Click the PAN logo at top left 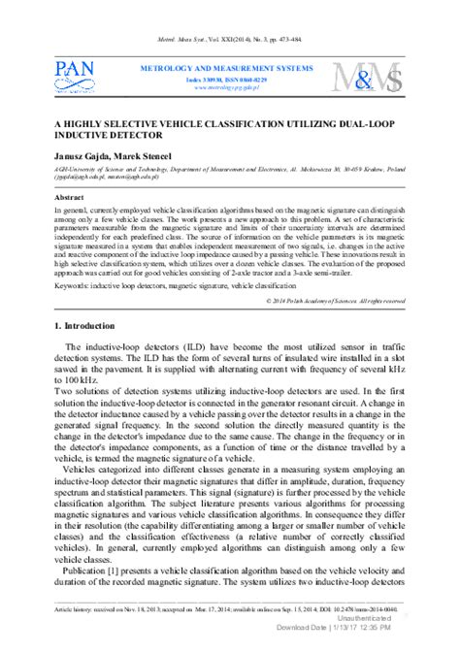click(76, 76)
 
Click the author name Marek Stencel click(145, 157)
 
